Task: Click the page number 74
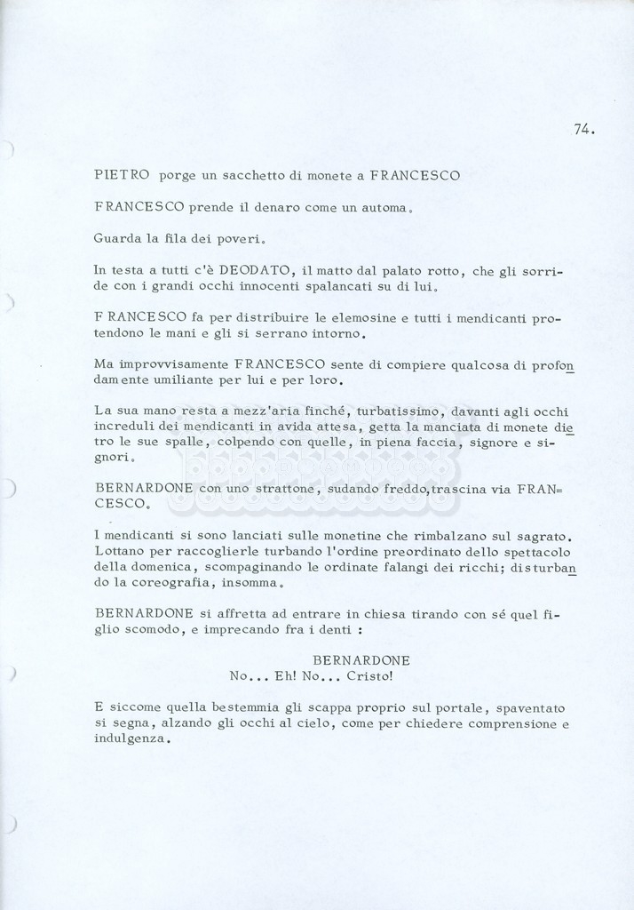pyautogui.click(x=583, y=130)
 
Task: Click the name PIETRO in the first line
pyautogui.click(x=122, y=175)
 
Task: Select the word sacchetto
pyautogui.click(x=251, y=176)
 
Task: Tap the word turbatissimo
pyautogui.click(x=399, y=411)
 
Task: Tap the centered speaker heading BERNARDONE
pyautogui.click(x=361, y=661)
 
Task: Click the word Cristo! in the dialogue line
pyautogui.click(x=369, y=676)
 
